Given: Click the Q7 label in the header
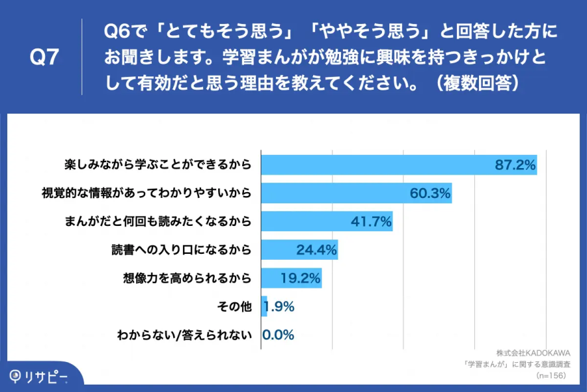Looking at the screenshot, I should (x=45, y=58).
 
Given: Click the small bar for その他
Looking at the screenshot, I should (x=264, y=306).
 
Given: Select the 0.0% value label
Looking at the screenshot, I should (x=279, y=335).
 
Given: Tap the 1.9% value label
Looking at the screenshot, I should (x=280, y=306).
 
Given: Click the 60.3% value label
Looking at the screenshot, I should (x=430, y=193).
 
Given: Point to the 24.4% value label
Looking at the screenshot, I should (x=316, y=250).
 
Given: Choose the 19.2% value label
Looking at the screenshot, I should (x=300, y=278).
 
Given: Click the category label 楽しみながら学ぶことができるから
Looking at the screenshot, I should (x=158, y=165).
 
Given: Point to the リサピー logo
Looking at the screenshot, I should (x=38, y=376).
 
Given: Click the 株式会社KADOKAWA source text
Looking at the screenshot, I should (x=533, y=352).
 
